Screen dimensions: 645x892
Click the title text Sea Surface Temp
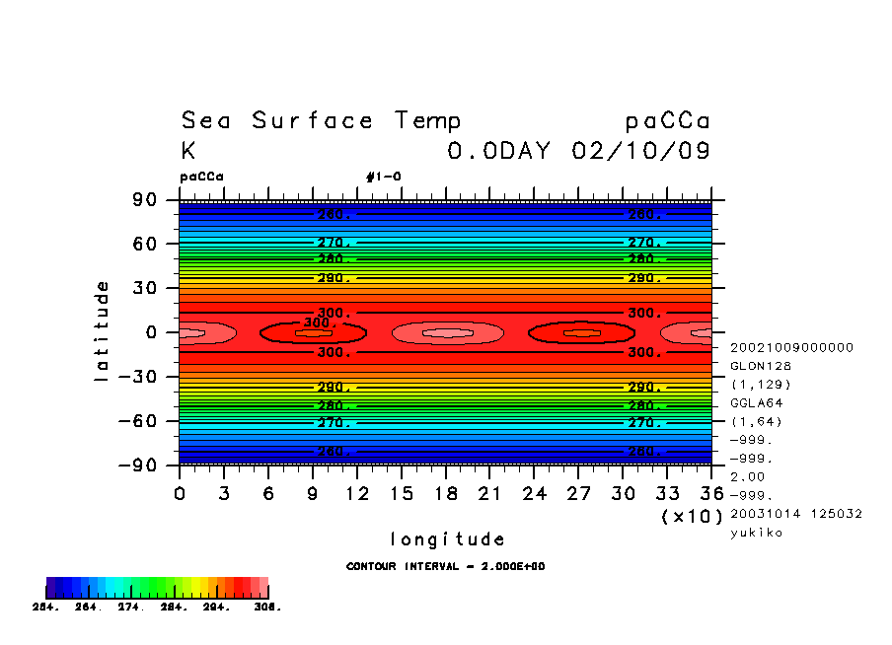coord(321,121)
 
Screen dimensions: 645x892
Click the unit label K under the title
coord(188,151)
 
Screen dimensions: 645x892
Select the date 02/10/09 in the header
coord(641,151)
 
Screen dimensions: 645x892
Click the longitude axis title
coord(447,539)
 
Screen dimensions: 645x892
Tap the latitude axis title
coord(101,331)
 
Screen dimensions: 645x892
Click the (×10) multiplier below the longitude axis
coord(691,516)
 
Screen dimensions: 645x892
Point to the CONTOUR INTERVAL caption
coord(446,567)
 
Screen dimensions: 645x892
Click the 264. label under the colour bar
coord(88,608)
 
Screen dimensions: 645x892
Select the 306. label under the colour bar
coord(267,608)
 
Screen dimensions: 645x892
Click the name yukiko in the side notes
coord(755,533)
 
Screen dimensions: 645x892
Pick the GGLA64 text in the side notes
coord(755,403)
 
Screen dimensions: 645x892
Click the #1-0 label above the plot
coord(383,178)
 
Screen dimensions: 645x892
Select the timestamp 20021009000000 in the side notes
coord(791,347)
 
